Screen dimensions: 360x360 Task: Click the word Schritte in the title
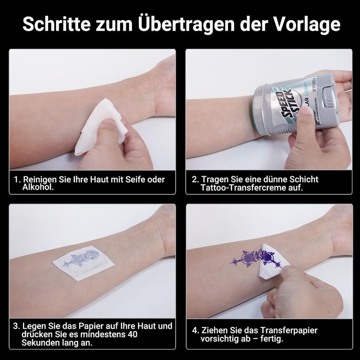[x=57, y=24]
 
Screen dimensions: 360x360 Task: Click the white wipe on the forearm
[x=101, y=127]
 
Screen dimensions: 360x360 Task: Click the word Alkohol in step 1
[x=38, y=187]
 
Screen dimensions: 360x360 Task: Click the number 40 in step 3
[x=132, y=334]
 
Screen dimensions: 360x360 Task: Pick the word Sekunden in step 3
[x=40, y=343]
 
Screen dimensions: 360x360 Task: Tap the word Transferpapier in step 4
[x=289, y=331]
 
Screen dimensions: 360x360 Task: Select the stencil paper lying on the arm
[x=84, y=263]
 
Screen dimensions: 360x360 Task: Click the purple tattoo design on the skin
[x=256, y=258]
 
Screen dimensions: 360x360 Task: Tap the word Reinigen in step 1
[x=40, y=180]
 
